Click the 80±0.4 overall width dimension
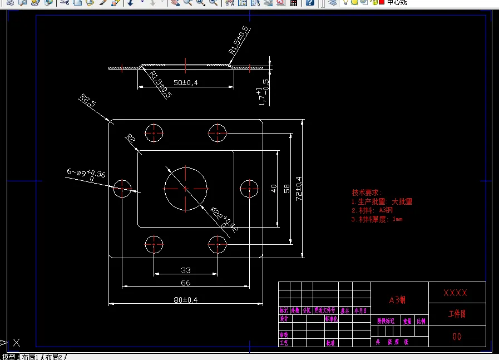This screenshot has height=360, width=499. [186, 300]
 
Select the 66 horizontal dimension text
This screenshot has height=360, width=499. [186, 283]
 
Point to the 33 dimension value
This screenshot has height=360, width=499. [186, 270]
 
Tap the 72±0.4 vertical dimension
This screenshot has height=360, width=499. [299, 188]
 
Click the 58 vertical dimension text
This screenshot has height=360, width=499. [286, 188]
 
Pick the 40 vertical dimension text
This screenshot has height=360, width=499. [274, 188]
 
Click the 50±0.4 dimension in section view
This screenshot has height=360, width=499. [186, 82]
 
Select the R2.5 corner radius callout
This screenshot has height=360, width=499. [88, 101]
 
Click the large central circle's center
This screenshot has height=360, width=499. [185, 188]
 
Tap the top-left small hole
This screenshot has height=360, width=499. [154, 133]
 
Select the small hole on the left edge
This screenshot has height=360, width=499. [122, 189]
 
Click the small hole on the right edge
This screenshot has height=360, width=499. [249, 189]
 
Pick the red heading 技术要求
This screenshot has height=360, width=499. [368, 192]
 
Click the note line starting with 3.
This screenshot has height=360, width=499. [377, 219]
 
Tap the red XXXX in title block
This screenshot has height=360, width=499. [455, 293]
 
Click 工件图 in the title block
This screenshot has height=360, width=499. [457, 314]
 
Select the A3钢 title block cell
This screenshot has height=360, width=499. [397, 300]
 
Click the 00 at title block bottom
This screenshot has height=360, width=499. [457, 337]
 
